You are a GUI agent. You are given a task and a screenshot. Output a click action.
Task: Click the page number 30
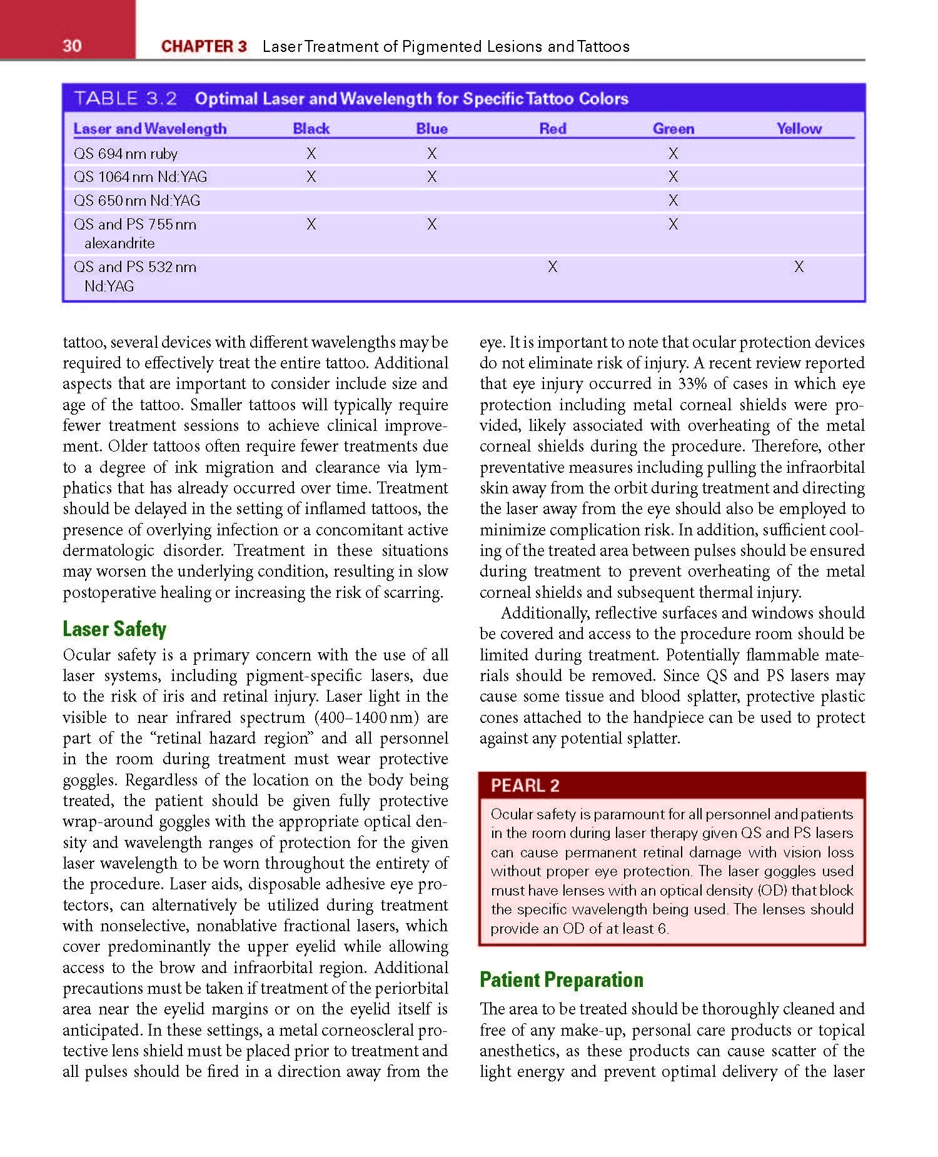[72, 46]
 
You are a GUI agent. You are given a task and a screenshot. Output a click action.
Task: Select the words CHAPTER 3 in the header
[204, 46]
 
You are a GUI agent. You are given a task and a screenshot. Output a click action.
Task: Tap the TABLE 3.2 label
[126, 98]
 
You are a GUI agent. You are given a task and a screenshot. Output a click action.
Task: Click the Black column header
[311, 129]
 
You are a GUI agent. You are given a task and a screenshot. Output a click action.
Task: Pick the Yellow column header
[799, 129]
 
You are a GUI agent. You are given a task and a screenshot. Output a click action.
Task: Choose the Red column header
[553, 129]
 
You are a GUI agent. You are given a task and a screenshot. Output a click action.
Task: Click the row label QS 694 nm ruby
[126, 154]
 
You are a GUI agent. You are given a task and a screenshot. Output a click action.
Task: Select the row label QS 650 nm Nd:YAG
[137, 201]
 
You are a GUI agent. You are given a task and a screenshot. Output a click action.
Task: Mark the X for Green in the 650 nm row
[673, 201]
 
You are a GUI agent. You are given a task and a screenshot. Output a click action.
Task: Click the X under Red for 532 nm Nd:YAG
[553, 267]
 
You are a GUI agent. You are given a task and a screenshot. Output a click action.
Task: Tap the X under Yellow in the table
[799, 267]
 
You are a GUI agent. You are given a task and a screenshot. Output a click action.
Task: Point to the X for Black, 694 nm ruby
[311, 154]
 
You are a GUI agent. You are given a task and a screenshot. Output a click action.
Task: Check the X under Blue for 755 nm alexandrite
[431, 225]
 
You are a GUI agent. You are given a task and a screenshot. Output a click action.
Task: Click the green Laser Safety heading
[114, 629]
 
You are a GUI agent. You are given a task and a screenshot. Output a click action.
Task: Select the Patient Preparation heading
[561, 979]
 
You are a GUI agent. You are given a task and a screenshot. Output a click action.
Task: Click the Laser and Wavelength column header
[150, 129]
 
